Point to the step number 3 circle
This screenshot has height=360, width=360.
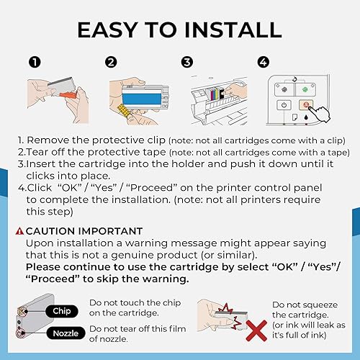pyautogui.click(x=188, y=63)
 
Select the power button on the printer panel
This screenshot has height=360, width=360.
pyautogui.click(x=286, y=104)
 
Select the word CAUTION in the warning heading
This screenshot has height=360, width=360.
pyautogui.click(x=51, y=230)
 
